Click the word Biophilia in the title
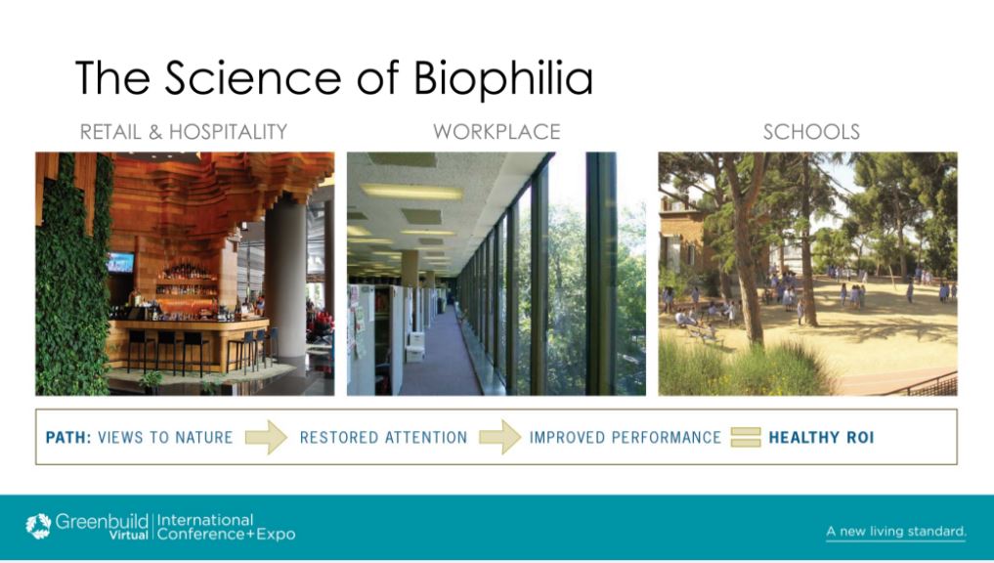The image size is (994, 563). coord(503,78)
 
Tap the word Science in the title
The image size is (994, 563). coord(253,77)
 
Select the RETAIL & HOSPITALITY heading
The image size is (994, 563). coord(184,132)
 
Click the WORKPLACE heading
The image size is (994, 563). coord(497,132)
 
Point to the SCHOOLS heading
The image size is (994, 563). coord(811,132)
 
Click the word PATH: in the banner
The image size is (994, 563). coord(68,438)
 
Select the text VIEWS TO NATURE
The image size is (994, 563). coord(165,438)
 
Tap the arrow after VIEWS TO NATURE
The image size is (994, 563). coord(266,437)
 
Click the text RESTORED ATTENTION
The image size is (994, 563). coord(383,438)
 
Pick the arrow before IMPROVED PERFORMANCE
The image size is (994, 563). coord(500,437)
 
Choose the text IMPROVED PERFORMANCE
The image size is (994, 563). coord(626,438)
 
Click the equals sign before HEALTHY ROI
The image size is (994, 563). coord(746,437)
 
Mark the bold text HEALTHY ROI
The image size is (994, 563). coord(822,438)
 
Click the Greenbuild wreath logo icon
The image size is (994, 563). coord(38,526)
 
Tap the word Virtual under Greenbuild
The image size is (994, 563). coord(129,535)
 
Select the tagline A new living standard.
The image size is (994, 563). coord(896,532)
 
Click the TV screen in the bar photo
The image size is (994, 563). coord(120,262)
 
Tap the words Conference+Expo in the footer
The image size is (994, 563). coord(227,534)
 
